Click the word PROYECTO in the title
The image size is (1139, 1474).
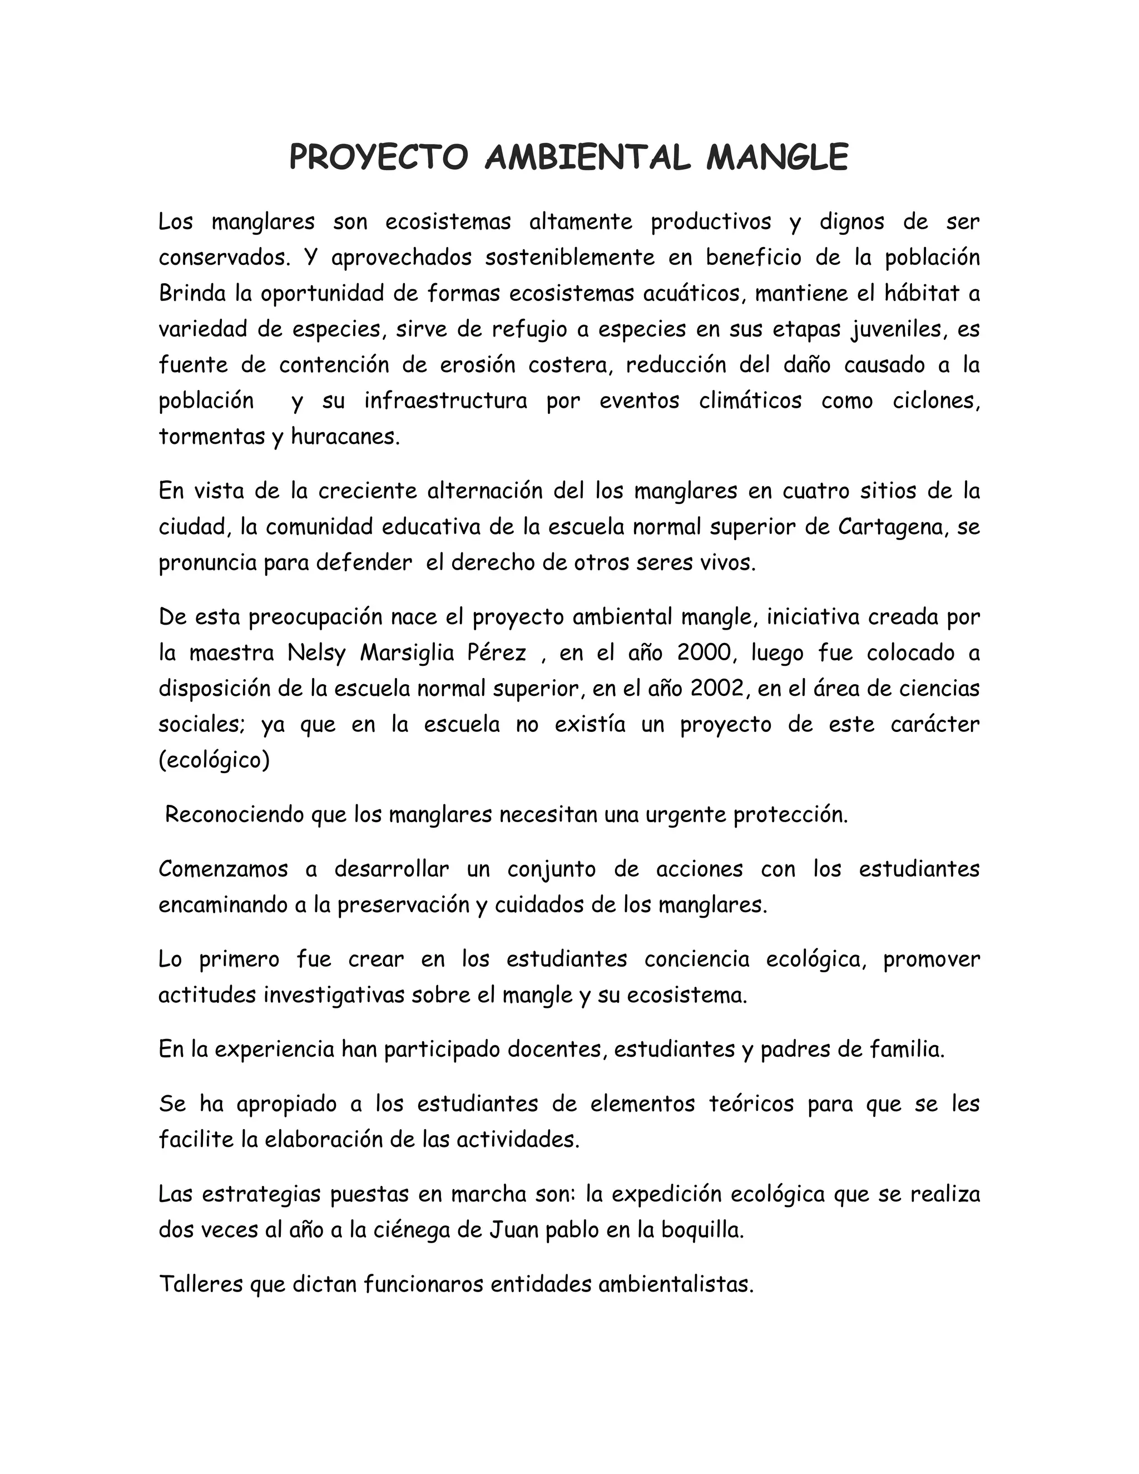point(378,158)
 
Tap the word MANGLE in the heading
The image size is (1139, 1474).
point(776,158)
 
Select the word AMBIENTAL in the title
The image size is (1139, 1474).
point(587,158)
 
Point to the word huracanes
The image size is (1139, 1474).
point(345,437)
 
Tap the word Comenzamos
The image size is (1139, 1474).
point(222,869)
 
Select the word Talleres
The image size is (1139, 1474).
point(200,1284)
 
